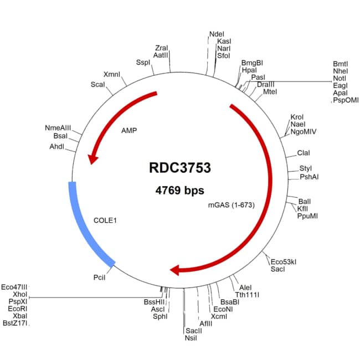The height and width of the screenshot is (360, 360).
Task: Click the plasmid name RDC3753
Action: [x=179, y=167]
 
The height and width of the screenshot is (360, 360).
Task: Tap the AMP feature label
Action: [x=128, y=131]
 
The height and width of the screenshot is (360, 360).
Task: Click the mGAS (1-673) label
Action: [x=230, y=205]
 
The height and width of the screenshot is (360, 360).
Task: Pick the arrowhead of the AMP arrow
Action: [x=92, y=159]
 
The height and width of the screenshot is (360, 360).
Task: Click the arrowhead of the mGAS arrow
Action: [x=176, y=270]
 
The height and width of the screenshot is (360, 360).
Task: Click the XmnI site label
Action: [x=111, y=74]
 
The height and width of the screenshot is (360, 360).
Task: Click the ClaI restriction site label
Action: [x=304, y=153]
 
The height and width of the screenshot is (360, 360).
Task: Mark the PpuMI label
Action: [x=307, y=216]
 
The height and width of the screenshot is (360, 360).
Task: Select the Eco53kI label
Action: [x=283, y=261]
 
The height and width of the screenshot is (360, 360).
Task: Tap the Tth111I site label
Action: [x=247, y=295]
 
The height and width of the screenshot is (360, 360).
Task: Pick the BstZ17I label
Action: [x=15, y=323]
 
